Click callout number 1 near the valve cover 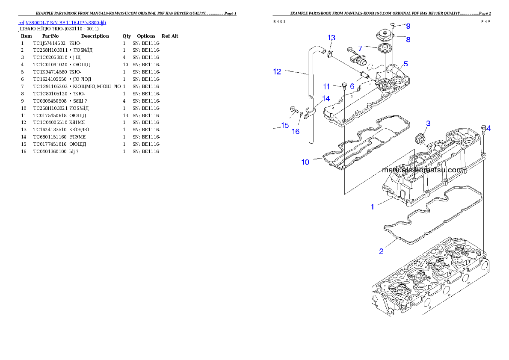point(372,207)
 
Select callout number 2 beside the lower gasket point(381,251)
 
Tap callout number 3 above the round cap point(428,124)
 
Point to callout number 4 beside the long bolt point(489,128)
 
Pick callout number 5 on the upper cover point(405,64)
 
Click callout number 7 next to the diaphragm point(360,48)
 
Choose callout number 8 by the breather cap point(408,40)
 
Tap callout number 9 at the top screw point(408,26)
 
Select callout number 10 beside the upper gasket point(305,162)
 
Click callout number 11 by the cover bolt point(326,87)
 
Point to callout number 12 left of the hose point(277,72)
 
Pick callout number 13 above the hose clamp point(331,38)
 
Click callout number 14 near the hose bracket point(326,99)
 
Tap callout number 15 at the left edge point(285,126)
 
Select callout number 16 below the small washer point(296,132)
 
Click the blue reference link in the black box point(62,23)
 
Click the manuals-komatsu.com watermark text point(422,170)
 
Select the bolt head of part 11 point(344,85)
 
